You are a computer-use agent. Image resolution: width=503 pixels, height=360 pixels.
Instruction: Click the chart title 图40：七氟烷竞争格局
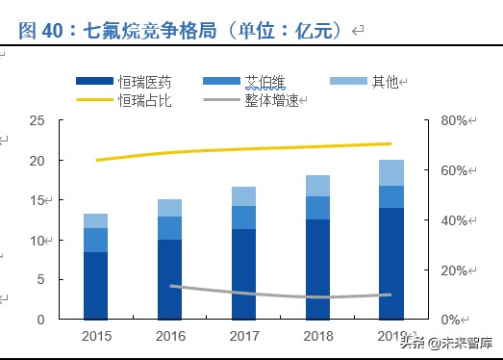coord(183,31)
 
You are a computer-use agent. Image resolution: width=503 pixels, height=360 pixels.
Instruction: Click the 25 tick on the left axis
coord(38,121)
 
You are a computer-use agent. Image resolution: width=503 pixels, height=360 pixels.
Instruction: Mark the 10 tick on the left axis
coord(38,241)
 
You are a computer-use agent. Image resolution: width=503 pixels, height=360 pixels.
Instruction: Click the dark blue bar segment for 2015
coord(95,285)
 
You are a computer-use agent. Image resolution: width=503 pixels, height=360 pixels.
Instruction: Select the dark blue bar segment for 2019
coord(390,263)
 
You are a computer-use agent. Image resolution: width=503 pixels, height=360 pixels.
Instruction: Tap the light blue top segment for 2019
coord(390,172)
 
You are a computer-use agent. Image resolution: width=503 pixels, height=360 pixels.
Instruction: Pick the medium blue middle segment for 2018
coord(317,208)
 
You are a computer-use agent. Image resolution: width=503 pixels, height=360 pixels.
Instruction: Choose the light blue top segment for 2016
coord(169,208)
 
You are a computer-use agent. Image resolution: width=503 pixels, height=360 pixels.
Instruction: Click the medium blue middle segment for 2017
coord(243,218)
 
